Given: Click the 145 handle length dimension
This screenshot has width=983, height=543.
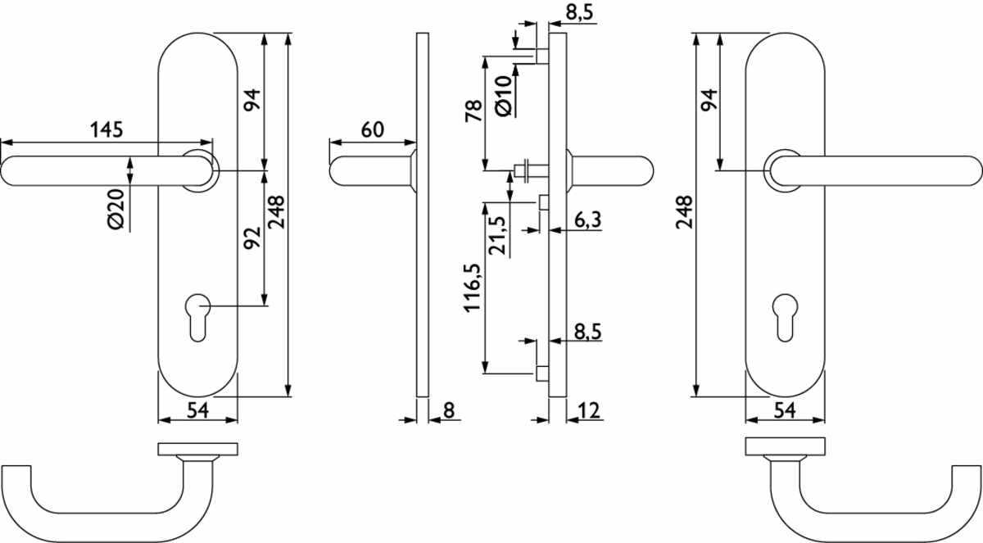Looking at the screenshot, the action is tap(106, 130).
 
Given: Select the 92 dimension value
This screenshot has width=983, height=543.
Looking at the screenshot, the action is tap(252, 238).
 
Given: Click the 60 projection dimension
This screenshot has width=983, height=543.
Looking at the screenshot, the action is tap(373, 130).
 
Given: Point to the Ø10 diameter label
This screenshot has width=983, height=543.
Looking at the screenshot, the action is tap(504, 96).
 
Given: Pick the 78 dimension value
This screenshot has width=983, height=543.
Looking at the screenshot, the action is tap(474, 111).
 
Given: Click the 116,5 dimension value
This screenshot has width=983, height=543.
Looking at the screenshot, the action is tap(473, 287).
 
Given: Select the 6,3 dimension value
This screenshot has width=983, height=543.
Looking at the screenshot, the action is tap(587, 219).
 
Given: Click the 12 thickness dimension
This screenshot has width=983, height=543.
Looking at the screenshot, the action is tap(589, 411).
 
